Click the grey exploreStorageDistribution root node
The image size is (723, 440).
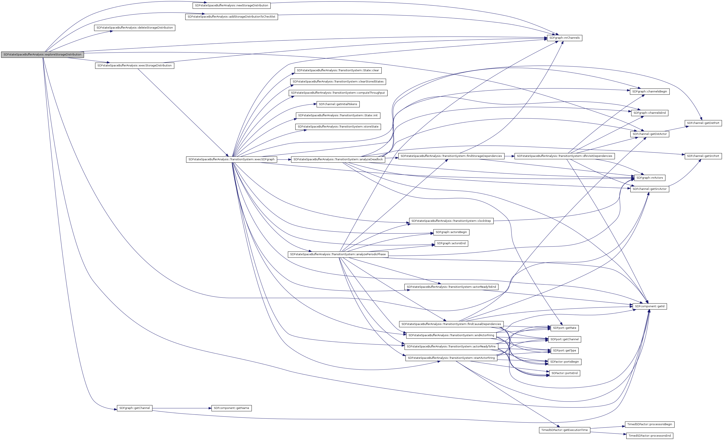click(x=42, y=55)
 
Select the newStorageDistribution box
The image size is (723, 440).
click(x=231, y=5)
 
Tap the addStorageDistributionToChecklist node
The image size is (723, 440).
click(x=231, y=17)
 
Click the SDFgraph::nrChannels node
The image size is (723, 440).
click(x=564, y=38)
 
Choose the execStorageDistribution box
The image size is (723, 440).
click(x=134, y=66)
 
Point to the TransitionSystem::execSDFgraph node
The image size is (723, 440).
click(x=231, y=159)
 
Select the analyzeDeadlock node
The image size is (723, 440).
click(x=338, y=159)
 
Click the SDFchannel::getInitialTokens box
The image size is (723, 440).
click(x=338, y=104)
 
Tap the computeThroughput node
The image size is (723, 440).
click(x=338, y=93)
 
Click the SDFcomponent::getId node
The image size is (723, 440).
click(x=650, y=306)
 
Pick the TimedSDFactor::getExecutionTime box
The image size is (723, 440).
click(x=564, y=430)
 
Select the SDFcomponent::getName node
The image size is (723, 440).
click(x=231, y=408)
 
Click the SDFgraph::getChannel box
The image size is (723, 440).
click(x=134, y=408)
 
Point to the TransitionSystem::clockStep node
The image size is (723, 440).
click(x=451, y=221)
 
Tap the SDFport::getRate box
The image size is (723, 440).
click(x=564, y=328)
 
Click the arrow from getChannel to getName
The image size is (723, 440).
click(x=182, y=408)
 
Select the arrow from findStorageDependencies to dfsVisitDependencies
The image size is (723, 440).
click(x=509, y=156)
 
